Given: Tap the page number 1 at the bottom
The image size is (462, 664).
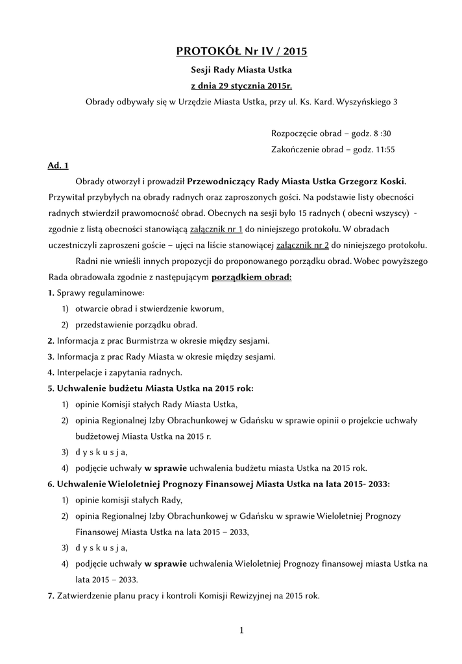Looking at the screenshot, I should click(x=240, y=630).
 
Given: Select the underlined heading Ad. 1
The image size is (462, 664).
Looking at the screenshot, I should click(x=58, y=165).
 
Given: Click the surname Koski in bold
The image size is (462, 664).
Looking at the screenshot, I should click(x=393, y=181).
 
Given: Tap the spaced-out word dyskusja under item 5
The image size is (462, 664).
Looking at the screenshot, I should click(x=101, y=452).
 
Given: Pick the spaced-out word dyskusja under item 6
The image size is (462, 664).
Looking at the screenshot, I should click(x=101, y=547).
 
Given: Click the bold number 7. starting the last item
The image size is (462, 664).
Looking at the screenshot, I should click(x=51, y=595).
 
